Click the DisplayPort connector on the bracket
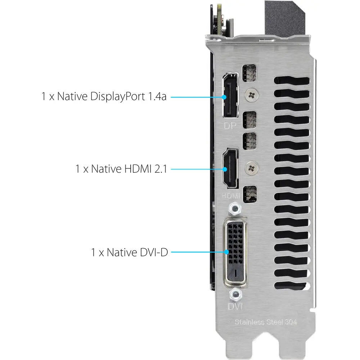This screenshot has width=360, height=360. (230, 95)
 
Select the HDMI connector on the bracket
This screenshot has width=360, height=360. (230, 168)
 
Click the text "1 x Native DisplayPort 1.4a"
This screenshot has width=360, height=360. (104, 96)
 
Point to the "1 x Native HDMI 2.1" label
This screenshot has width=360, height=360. (121, 169)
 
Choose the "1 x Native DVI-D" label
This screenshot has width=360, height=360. (130, 252)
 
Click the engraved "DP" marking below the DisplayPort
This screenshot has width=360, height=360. (230, 126)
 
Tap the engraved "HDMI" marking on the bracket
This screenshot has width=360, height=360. (231, 195)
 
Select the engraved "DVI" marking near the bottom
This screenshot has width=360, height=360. (235, 306)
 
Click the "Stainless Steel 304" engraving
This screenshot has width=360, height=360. (266, 322)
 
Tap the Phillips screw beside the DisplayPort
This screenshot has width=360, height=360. (252, 95)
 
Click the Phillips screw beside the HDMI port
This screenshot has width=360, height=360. (252, 168)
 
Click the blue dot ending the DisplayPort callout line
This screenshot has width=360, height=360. (224, 97)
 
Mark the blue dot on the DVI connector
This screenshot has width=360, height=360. (226, 252)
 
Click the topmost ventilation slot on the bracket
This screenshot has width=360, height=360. (292, 81)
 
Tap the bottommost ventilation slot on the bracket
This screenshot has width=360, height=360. (292, 285)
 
